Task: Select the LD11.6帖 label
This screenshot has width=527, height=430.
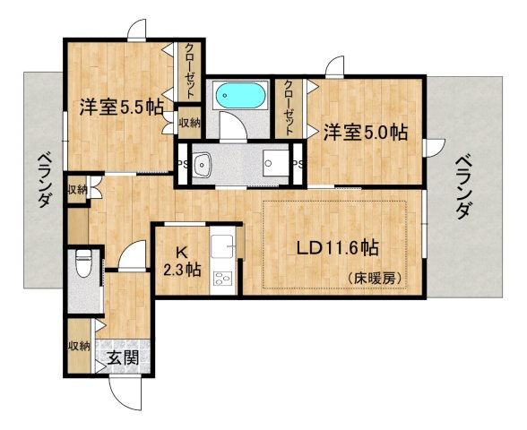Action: (x=331, y=247)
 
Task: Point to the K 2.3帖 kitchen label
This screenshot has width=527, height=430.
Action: (x=181, y=260)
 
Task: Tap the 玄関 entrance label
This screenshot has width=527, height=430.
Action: (x=123, y=359)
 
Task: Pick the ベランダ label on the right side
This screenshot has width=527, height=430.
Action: (x=463, y=185)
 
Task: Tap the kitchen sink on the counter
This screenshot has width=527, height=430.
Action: (x=220, y=244)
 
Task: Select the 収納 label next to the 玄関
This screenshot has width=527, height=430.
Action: (x=78, y=346)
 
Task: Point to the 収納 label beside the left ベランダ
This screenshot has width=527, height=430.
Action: (x=77, y=190)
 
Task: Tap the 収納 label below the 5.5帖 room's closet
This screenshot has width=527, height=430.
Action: (x=189, y=123)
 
